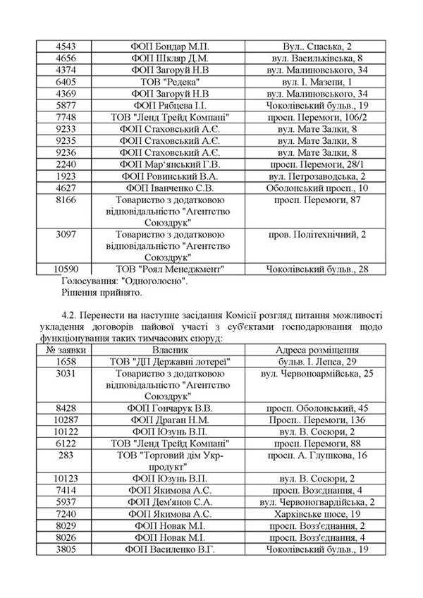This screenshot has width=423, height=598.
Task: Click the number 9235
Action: click(x=66, y=140)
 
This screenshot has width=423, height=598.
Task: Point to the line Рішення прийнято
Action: click(x=101, y=292)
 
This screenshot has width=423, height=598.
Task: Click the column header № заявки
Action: click(x=66, y=350)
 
